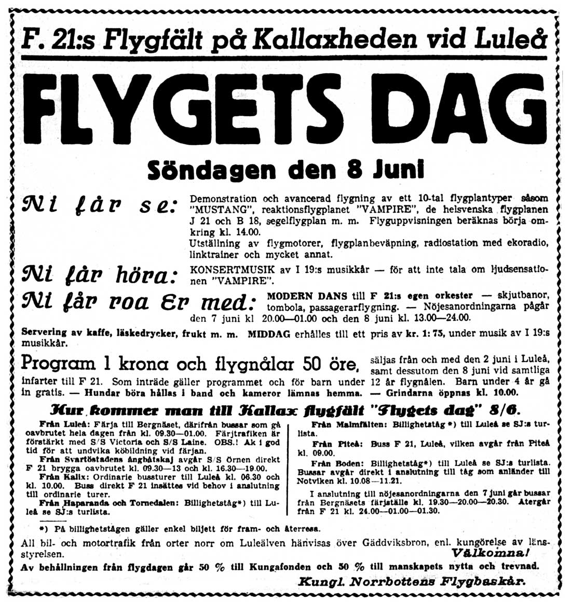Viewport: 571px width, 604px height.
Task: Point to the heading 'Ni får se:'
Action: click(x=99, y=205)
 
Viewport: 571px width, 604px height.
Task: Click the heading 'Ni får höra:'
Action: click(x=98, y=274)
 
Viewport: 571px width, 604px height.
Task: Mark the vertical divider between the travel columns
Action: click(x=288, y=467)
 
